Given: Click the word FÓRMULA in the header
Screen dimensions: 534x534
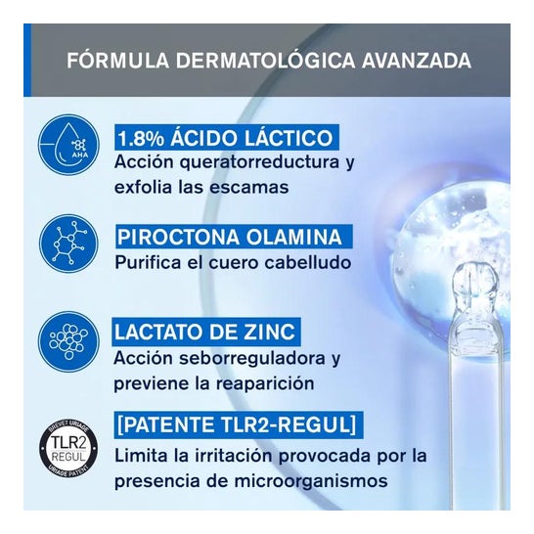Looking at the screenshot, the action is pyautogui.click(x=117, y=61).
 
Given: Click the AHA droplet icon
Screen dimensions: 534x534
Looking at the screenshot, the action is pyautogui.click(x=68, y=145).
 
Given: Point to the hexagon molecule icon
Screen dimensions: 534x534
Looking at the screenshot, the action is pyautogui.click(x=68, y=244).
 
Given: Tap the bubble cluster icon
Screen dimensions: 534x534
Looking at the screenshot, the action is pyautogui.click(x=68, y=341).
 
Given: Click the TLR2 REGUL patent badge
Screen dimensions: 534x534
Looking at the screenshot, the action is pyautogui.click(x=68, y=447).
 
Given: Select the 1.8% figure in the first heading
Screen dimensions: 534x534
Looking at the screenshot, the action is pyautogui.click(x=140, y=138).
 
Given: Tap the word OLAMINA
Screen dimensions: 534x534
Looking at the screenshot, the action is pyautogui.click(x=293, y=238).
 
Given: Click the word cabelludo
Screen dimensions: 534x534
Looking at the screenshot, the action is pyautogui.click(x=308, y=262).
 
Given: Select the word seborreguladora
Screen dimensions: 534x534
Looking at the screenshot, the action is pyautogui.click(x=252, y=359).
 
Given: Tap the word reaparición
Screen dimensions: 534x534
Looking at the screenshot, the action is pyautogui.click(x=266, y=384).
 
